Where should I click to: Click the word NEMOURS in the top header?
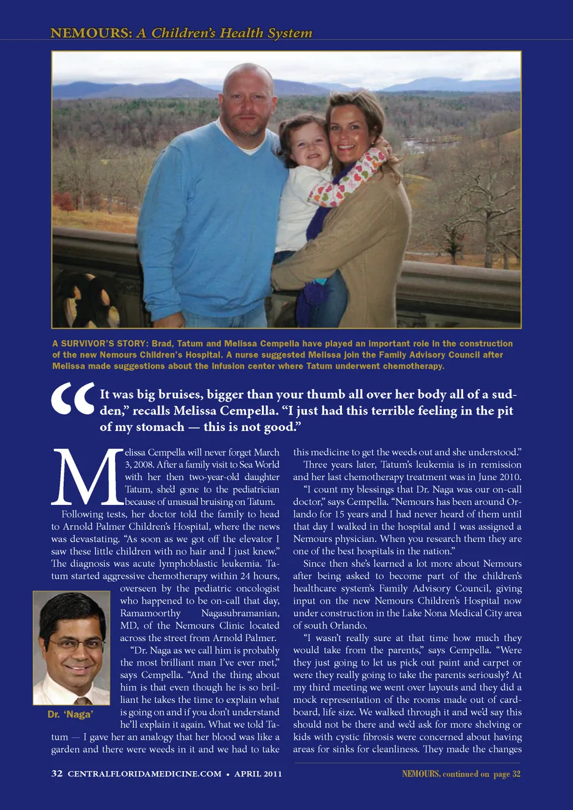coord(91,33)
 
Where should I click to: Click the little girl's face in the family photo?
coord(310,147)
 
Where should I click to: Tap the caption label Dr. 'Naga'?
coord(70,714)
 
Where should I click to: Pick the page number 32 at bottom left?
coord(57,774)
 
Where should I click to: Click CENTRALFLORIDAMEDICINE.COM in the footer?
coord(144,774)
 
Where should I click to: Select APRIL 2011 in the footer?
coord(258,774)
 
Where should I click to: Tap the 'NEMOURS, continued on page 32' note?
coord(461,774)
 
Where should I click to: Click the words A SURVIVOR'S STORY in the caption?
coord(100,344)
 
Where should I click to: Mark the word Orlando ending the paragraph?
coord(348,626)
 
